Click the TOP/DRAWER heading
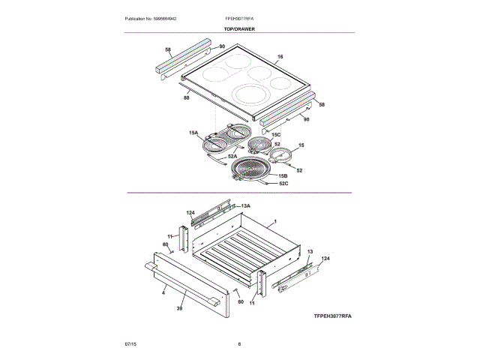239,28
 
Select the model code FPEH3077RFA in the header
239,17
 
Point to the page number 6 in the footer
239,343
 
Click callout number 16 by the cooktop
280,57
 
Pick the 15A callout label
193,133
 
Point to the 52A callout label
232,156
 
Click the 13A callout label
245,205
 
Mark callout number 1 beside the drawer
275,222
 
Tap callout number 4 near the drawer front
163,293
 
